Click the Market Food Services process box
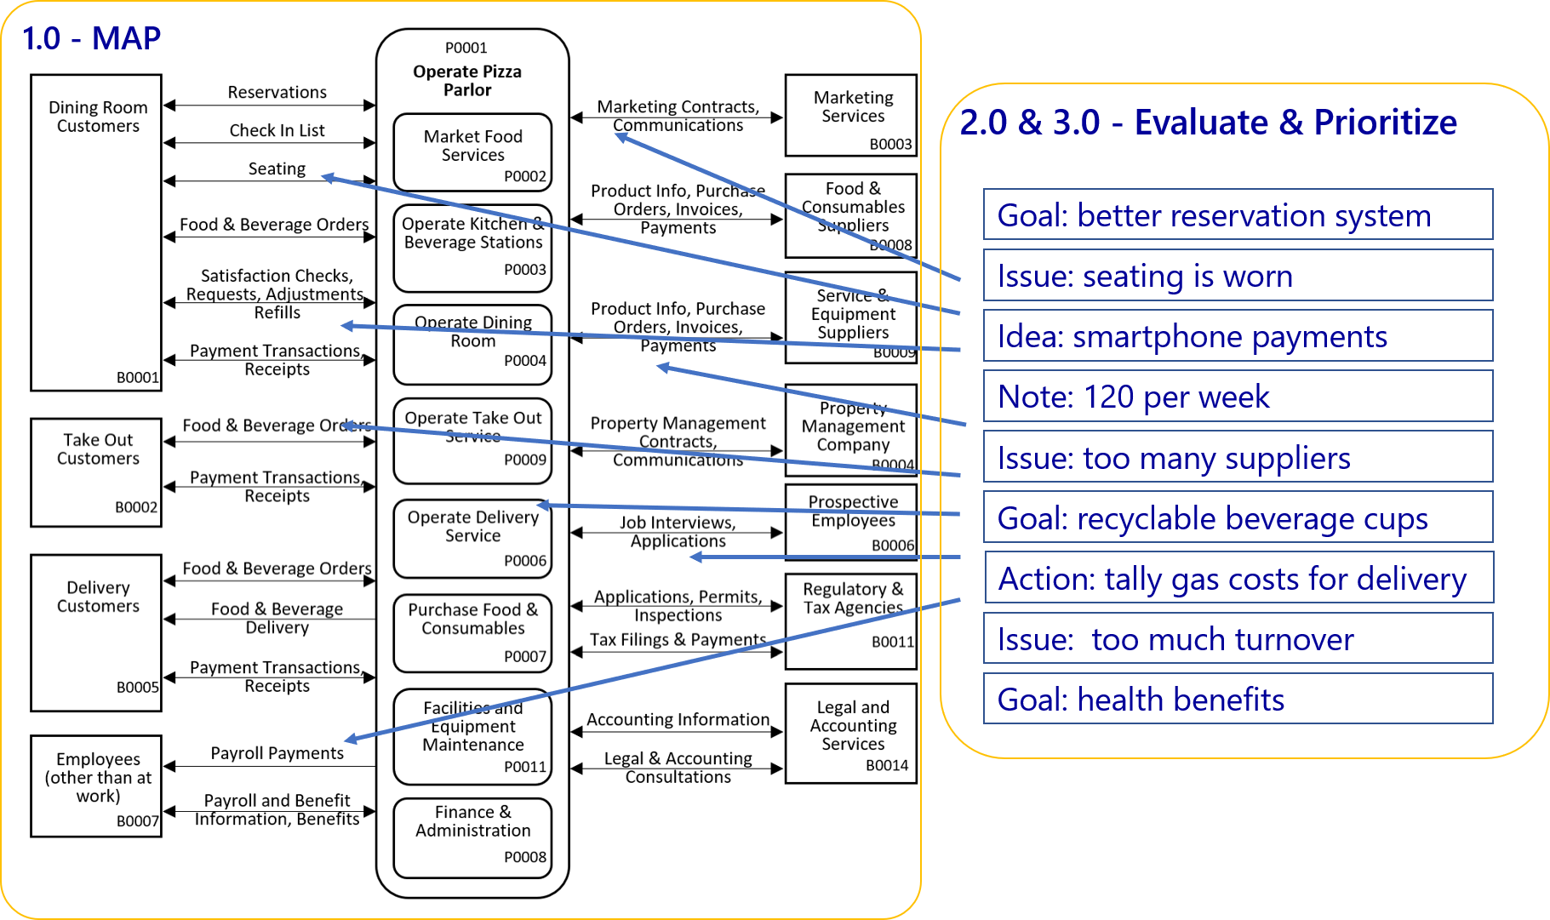(472, 151)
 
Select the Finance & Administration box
(472, 837)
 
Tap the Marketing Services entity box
(851, 115)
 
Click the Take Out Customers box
(96, 471)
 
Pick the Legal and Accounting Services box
(851, 733)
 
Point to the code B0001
(138, 377)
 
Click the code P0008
(525, 857)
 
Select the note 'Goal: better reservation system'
(1238, 214)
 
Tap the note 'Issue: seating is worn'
(1238, 275)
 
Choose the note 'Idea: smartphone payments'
(1238, 335)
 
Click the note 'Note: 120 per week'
(1238, 396)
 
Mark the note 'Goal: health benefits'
(1238, 699)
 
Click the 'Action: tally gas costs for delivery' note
(1238, 578)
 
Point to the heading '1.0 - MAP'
(91, 38)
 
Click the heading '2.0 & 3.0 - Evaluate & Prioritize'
(1208, 122)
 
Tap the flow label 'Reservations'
(277, 92)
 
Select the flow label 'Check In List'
(277, 130)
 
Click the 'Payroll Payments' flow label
(277, 753)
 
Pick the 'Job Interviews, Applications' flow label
(678, 532)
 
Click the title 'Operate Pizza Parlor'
(467, 81)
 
